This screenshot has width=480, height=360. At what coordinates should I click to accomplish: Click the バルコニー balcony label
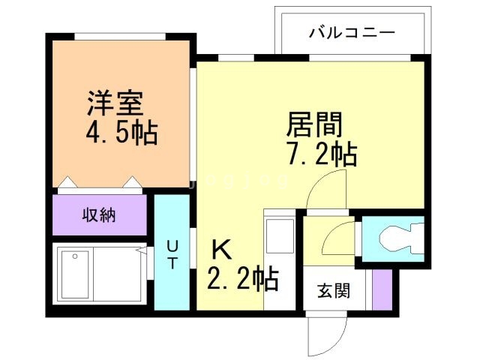pos(352,34)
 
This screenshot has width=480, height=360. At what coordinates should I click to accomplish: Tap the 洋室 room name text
pos(114,102)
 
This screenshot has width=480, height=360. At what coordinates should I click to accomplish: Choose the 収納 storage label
pos(98,214)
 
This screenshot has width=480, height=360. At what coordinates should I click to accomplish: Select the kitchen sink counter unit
pos(281,259)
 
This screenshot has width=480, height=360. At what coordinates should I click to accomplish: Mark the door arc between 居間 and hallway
pos(328,191)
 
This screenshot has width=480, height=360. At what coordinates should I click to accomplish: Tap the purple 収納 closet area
pos(100,215)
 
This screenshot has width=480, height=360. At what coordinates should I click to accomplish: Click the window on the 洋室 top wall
pos(119,35)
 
